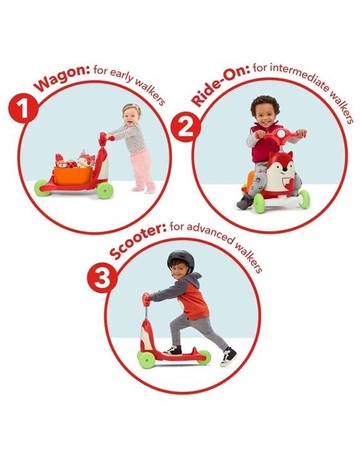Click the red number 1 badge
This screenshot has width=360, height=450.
click(23, 108)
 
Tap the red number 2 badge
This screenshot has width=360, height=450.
click(186, 127)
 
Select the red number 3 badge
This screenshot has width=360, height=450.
click(102, 277)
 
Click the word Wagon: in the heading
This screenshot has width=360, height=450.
click(63, 79)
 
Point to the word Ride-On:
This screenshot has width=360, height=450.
click(220, 83)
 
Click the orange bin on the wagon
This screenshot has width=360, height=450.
click(73, 176)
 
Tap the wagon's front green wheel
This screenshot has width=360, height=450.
click(42, 188)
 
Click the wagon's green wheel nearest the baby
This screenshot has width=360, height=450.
click(105, 191)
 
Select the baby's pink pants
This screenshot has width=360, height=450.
click(144, 169)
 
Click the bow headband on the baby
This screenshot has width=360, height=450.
click(131, 107)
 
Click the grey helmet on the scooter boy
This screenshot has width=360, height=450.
click(181, 259)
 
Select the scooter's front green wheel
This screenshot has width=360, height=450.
click(146, 359)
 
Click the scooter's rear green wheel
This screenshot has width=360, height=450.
click(204, 357)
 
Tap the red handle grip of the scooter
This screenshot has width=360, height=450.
click(146, 300)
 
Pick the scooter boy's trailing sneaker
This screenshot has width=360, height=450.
click(228, 357)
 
